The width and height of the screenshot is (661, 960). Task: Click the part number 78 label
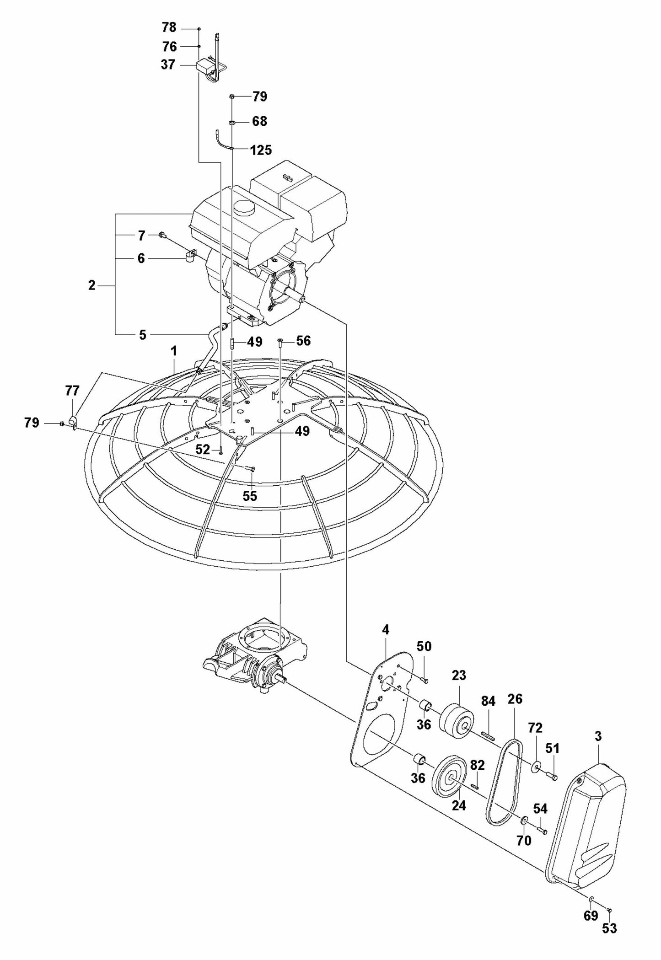tap(169, 28)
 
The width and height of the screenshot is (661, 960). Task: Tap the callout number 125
tap(261, 150)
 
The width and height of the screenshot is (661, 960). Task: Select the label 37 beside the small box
tap(168, 65)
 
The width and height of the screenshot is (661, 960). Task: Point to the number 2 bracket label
tap(92, 286)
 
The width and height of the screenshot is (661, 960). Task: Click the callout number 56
tap(303, 341)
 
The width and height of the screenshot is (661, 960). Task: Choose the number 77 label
tap(72, 391)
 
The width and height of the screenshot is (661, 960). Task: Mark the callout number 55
tap(250, 496)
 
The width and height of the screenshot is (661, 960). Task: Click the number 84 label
tap(489, 701)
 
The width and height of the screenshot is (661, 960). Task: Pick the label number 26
tap(515, 699)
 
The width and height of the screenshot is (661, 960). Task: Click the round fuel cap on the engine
tap(245, 210)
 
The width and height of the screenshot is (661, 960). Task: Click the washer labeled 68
tap(232, 123)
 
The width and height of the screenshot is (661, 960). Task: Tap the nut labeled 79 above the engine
tap(232, 97)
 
